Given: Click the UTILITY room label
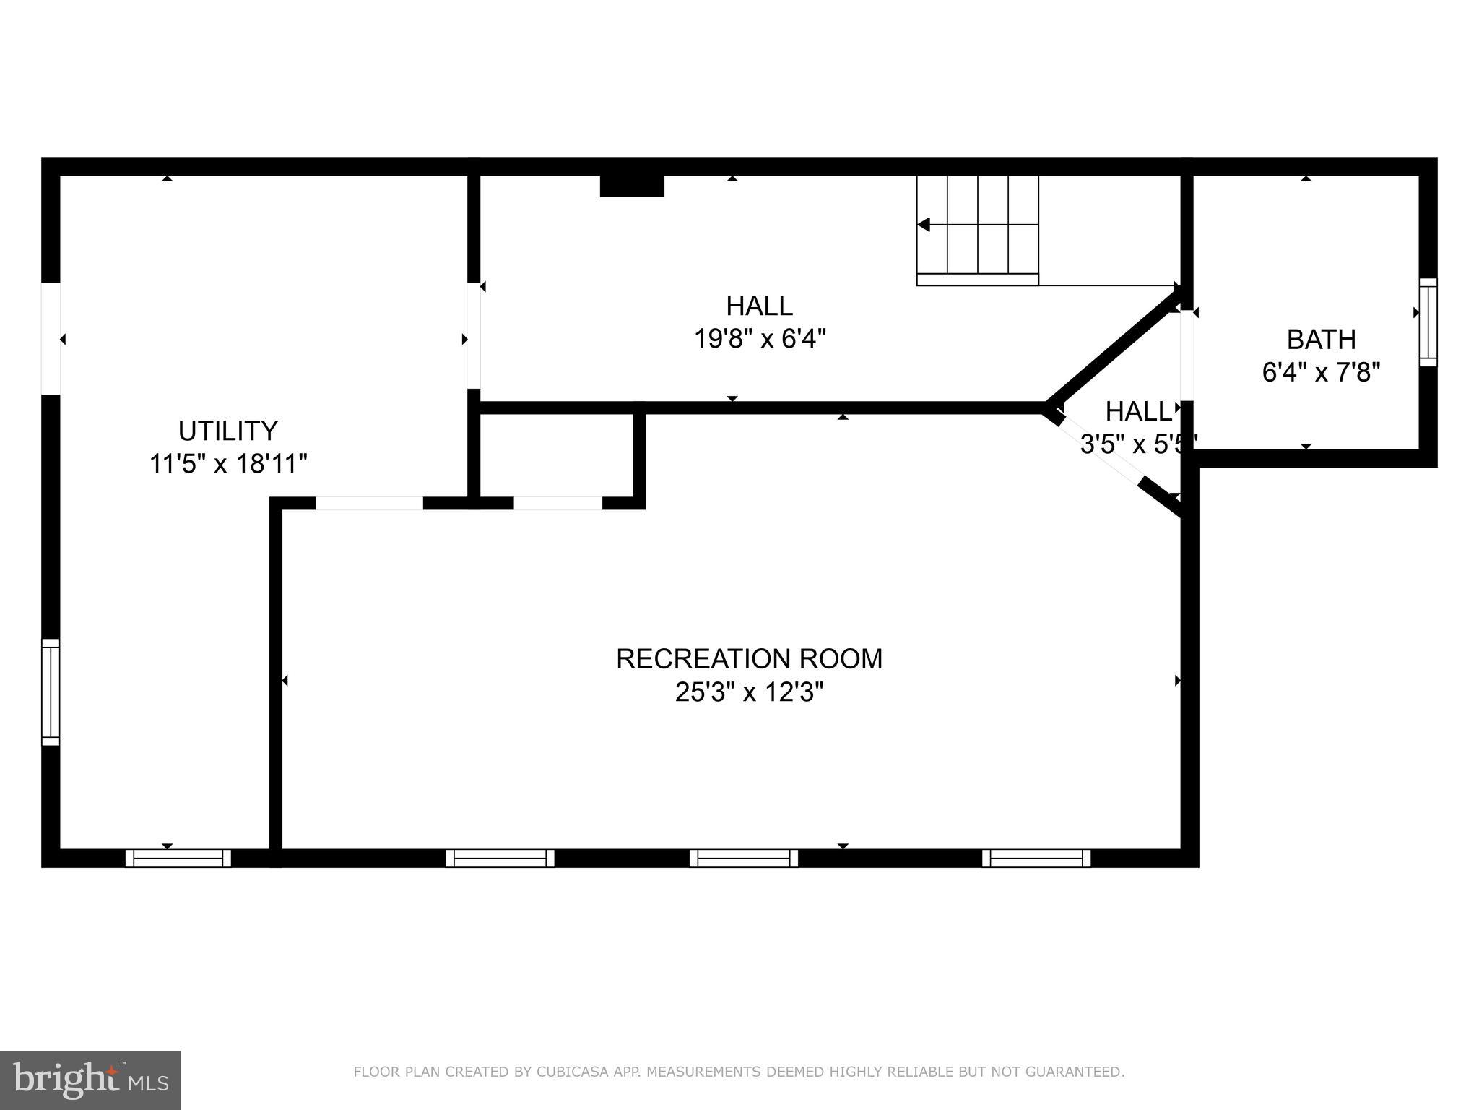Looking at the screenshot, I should point(227,431).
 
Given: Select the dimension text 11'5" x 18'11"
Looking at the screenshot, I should point(228,463).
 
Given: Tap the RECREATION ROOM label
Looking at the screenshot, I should point(749,658).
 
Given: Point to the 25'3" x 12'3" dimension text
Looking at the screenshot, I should point(749,692).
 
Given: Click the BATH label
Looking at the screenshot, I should point(1321,339).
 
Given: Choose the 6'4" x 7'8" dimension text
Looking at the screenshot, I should point(1321,372).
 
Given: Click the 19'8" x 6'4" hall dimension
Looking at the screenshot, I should point(760,338).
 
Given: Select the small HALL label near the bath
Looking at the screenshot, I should point(1137,411).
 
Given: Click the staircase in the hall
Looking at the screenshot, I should point(977,230).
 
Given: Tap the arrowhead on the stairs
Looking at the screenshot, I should point(923,225).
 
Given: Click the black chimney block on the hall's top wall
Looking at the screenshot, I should point(632,186).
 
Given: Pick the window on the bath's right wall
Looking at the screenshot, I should point(1428,322).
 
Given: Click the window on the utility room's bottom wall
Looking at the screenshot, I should point(178,858).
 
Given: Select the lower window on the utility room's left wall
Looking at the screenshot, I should point(51,692).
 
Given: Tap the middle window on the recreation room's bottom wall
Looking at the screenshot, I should point(743,858).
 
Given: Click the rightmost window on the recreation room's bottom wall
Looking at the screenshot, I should point(1036,858).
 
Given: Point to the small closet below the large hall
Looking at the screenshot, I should point(557,455).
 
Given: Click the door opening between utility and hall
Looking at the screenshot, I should point(474,336).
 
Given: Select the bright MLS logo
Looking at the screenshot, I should point(90,1080).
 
